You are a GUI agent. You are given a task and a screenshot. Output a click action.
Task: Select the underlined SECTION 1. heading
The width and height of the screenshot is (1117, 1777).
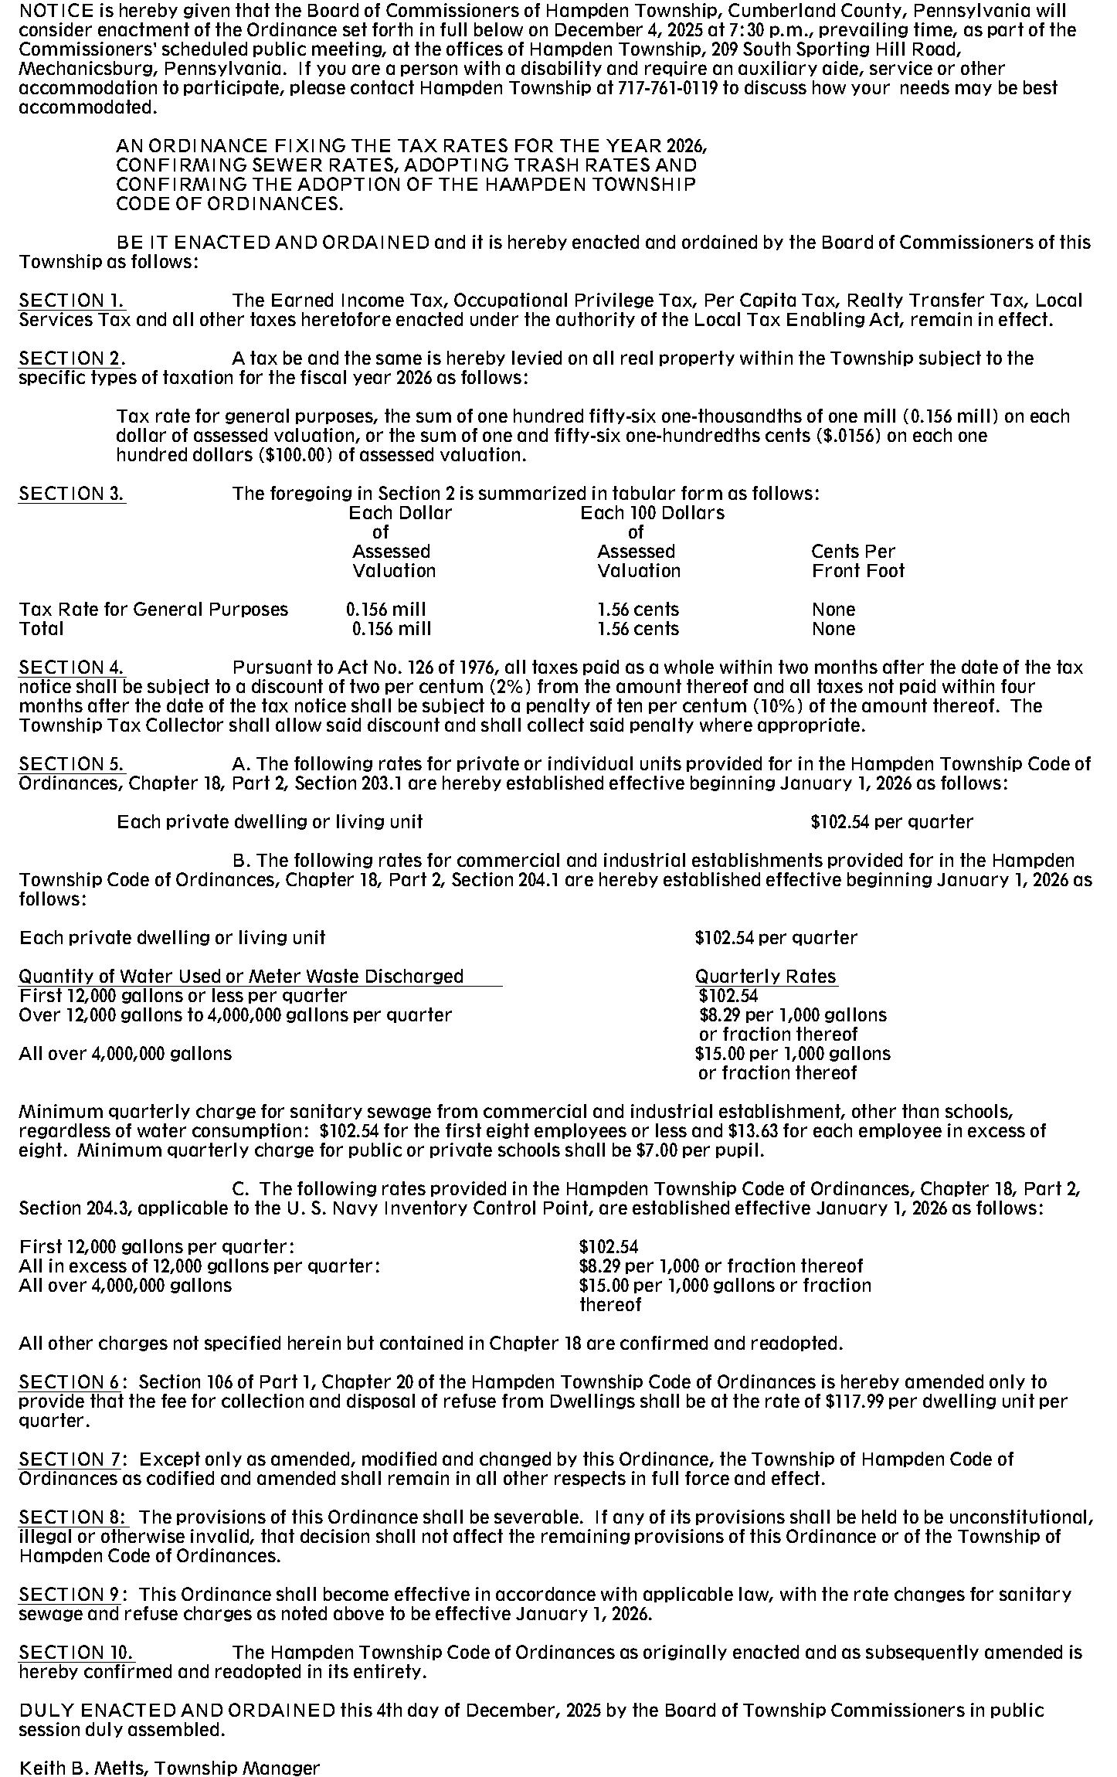click(72, 301)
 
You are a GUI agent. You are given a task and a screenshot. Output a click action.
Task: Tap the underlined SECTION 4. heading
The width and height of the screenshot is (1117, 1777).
click(72, 668)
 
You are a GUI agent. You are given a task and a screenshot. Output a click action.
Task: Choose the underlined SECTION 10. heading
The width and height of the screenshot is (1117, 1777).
click(76, 1653)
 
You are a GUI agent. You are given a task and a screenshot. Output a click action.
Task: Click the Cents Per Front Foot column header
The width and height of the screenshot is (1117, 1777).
click(857, 561)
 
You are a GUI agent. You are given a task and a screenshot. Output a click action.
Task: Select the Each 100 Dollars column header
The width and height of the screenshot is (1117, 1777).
click(652, 513)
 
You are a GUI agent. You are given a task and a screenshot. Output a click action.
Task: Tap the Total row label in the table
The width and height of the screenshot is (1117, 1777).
click(42, 629)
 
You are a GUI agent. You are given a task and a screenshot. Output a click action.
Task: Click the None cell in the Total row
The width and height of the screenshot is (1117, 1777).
click(833, 629)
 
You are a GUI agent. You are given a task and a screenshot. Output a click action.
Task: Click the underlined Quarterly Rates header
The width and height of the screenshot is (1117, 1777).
click(766, 977)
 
